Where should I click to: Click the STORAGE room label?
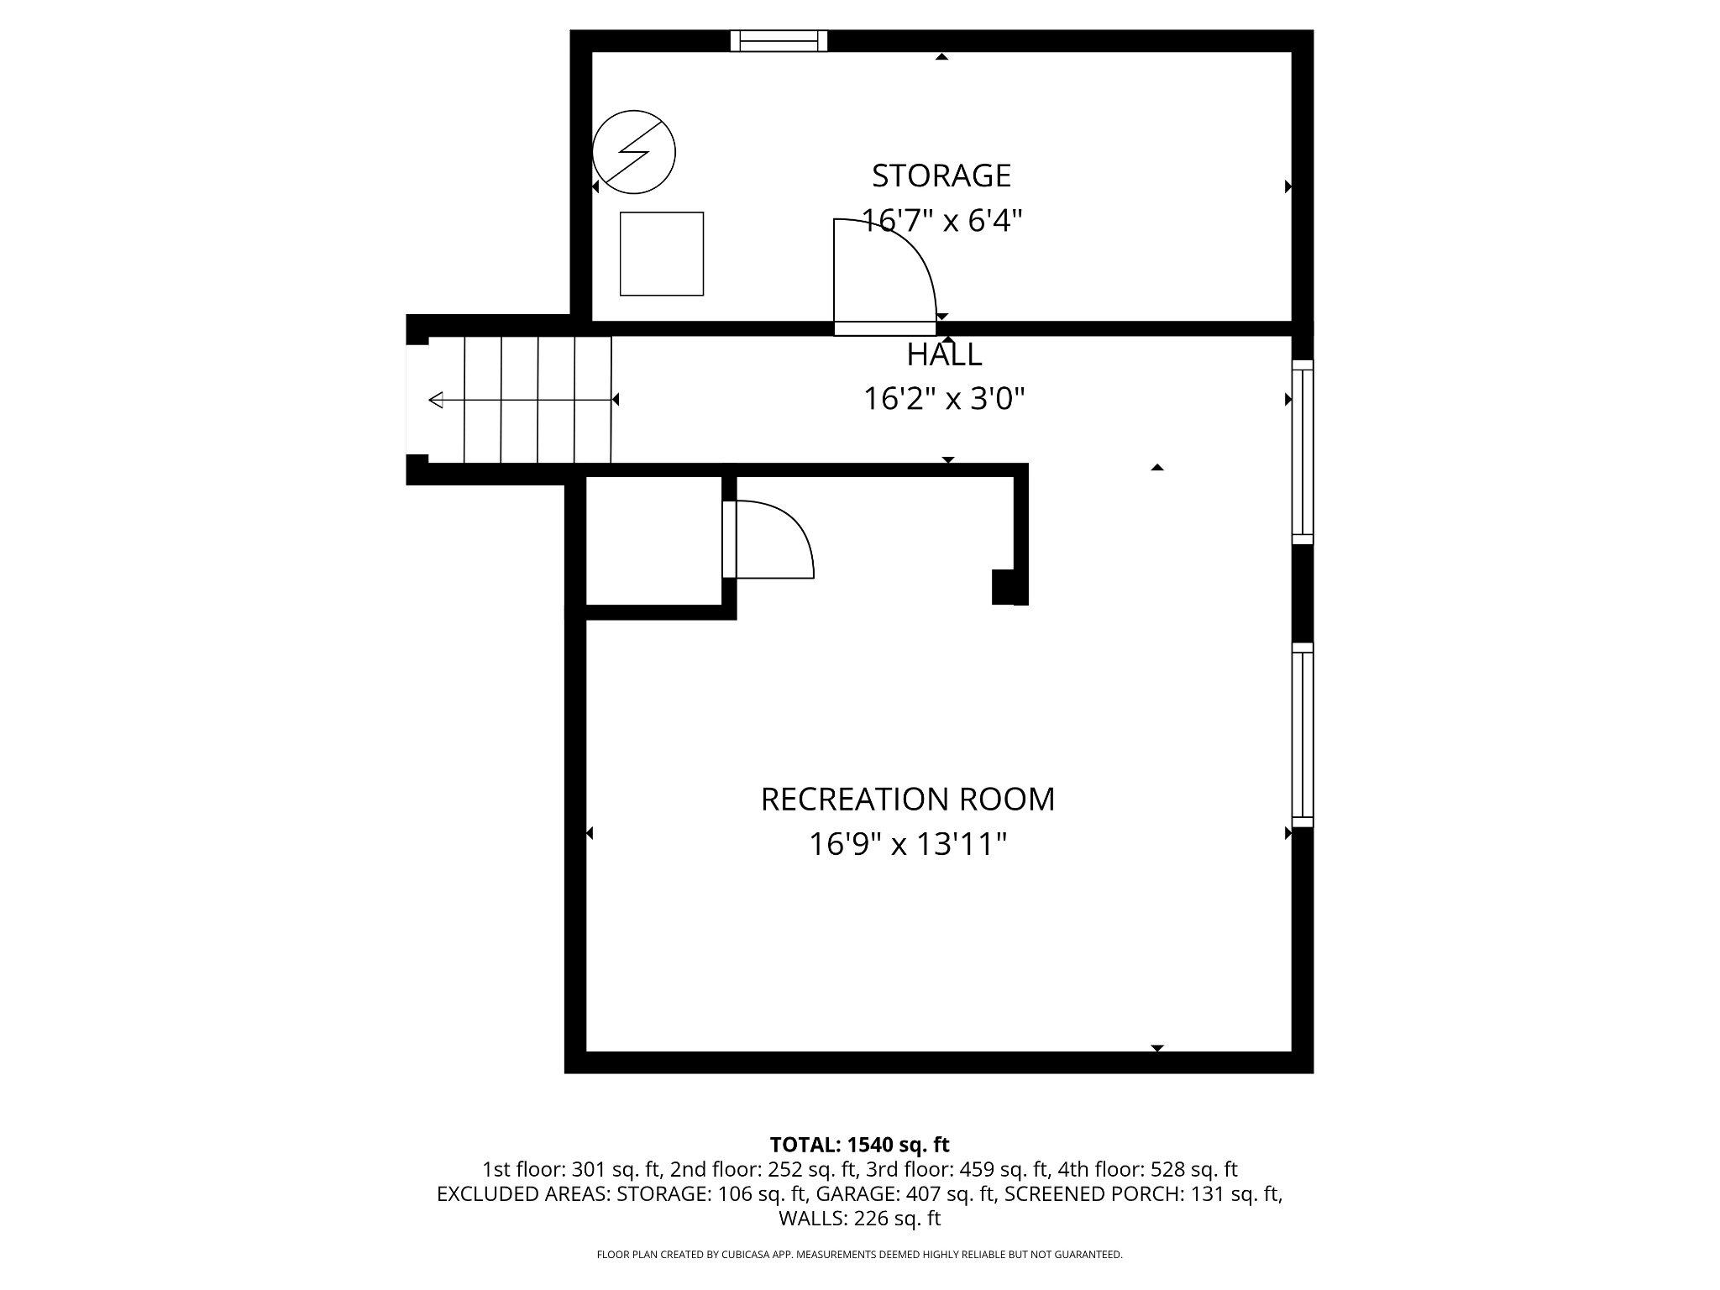[x=941, y=176]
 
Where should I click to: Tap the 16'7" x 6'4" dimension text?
[x=941, y=221]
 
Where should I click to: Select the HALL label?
[x=944, y=354]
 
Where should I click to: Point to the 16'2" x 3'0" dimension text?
[x=944, y=399]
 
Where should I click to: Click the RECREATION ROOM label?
[x=907, y=799]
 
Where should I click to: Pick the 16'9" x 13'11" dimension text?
[x=907, y=844]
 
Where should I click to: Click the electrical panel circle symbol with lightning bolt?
[x=634, y=152]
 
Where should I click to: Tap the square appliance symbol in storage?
[x=661, y=254]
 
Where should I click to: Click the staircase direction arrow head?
[x=435, y=400]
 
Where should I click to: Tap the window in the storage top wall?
[x=779, y=40]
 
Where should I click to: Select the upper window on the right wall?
[x=1302, y=452]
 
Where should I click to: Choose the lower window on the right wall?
[x=1302, y=734]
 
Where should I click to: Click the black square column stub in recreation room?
[x=1008, y=586]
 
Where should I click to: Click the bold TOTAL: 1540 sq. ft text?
[x=859, y=1144]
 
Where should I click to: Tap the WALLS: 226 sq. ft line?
[x=859, y=1218]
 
